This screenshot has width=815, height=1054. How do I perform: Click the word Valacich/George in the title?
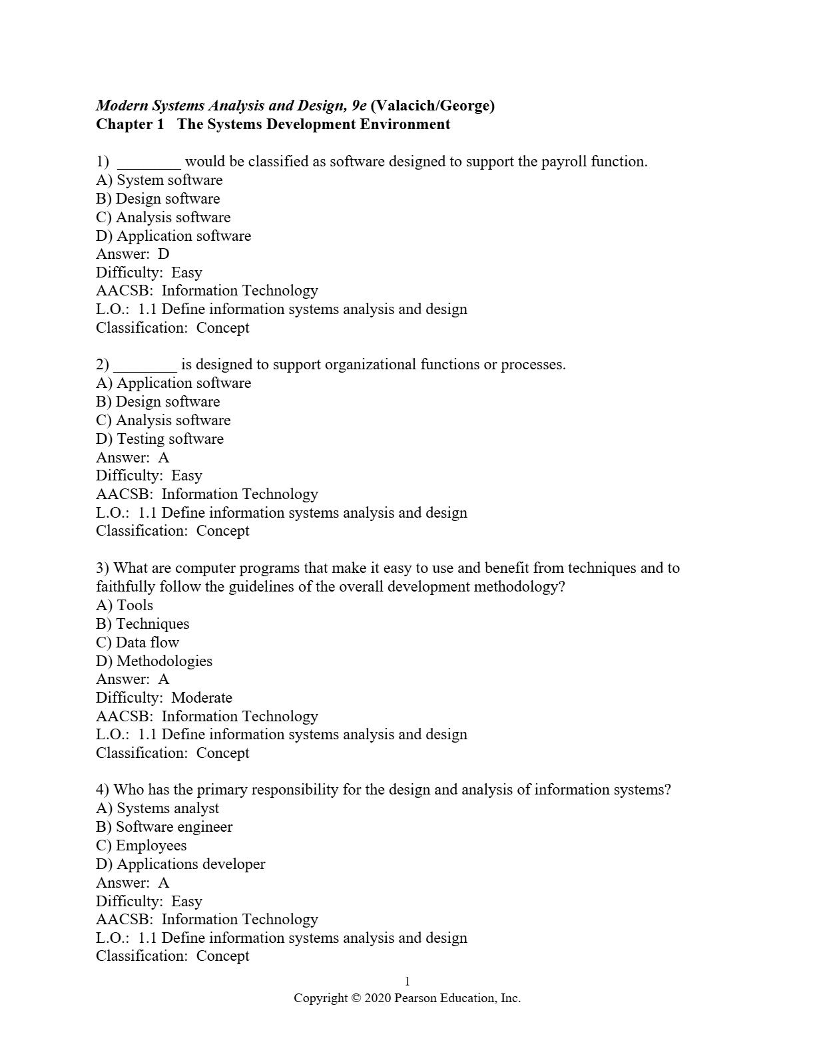tap(435, 105)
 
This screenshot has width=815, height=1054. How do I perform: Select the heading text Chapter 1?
tap(130, 124)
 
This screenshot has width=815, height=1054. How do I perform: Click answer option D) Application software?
tap(173, 236)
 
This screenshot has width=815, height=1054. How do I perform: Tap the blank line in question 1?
tap(148, 162)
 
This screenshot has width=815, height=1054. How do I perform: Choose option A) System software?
tap(159, 180)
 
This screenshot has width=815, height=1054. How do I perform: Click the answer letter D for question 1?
tap(164, 254)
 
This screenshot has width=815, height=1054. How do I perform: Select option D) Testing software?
tap(160, 439)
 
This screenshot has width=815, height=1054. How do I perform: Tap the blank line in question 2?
tap(145, 365)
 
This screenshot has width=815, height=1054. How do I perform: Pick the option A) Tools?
tap(125, 606)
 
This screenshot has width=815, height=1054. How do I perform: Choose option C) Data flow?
tap(138, 643)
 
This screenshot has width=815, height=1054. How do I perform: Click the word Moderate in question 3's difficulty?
tap(202, 698)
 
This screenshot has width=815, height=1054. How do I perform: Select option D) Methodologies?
tap(154, 661)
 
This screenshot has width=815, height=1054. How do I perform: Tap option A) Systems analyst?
tap(157, 808)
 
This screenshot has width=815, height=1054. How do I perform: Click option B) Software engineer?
tap(164, 827)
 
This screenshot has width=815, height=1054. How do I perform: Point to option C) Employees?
tap(141, 846)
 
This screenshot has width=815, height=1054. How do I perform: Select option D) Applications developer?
tap(180, 864)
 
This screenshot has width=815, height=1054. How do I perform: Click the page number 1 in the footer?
tap(407, 981)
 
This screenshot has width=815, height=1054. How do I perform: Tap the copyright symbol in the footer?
tap(356, 998)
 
